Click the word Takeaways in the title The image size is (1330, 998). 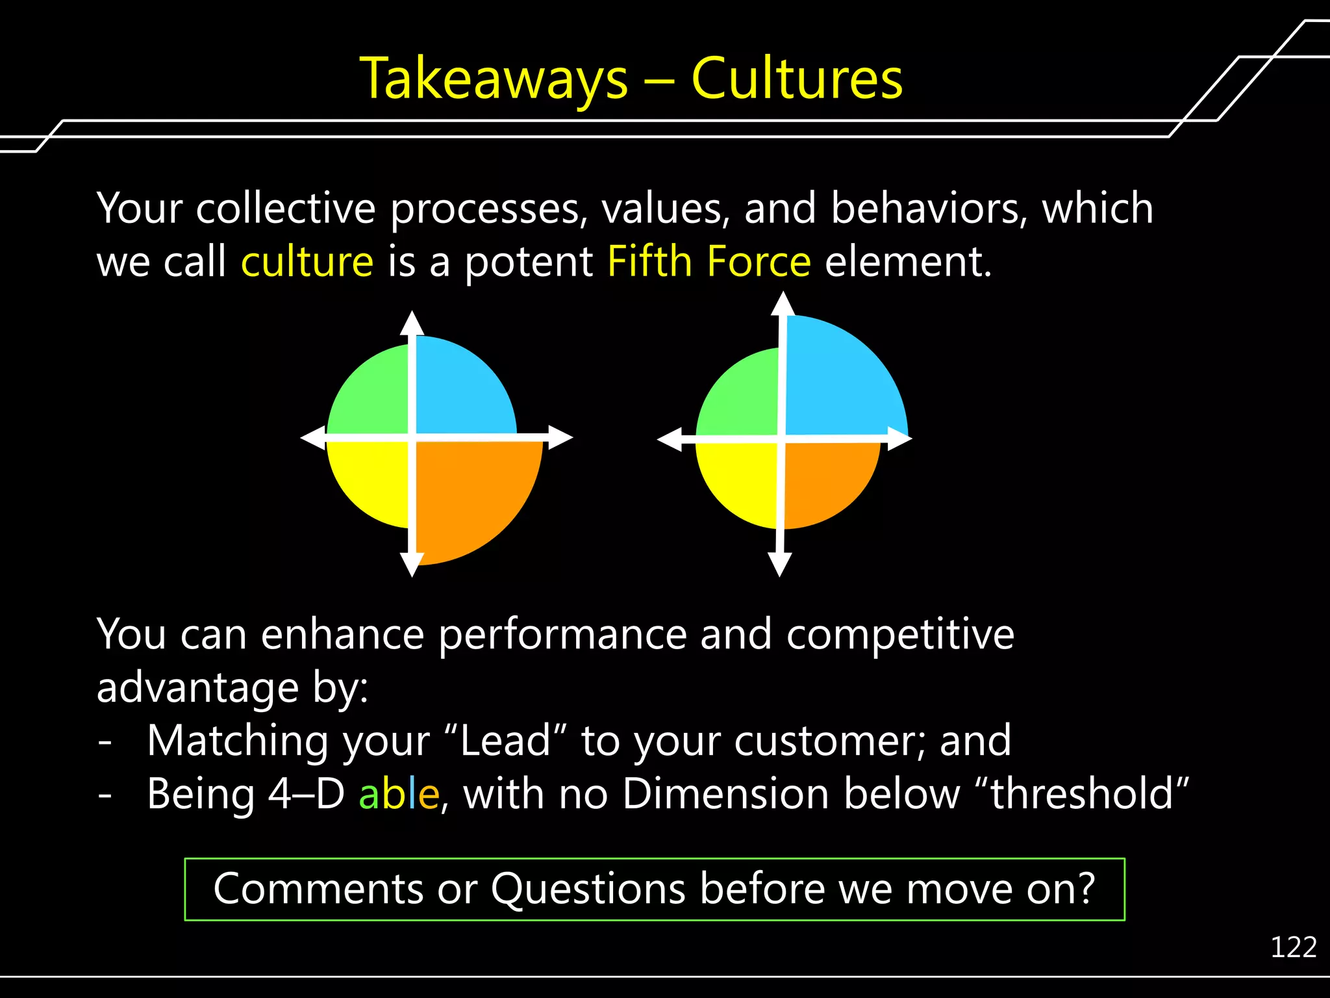point(494,79)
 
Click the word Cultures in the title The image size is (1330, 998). point(797,79)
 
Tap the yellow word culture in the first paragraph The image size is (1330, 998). point(307,262)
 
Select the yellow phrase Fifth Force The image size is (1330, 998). point(709,262)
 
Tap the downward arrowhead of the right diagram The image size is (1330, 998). point(779,564)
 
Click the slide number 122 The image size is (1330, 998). point(1293,947)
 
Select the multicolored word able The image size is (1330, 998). point(399,794)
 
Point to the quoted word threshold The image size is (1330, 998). point(1082,794)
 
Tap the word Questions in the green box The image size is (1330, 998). point(588,889)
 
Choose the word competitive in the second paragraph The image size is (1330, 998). point(900,634)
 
